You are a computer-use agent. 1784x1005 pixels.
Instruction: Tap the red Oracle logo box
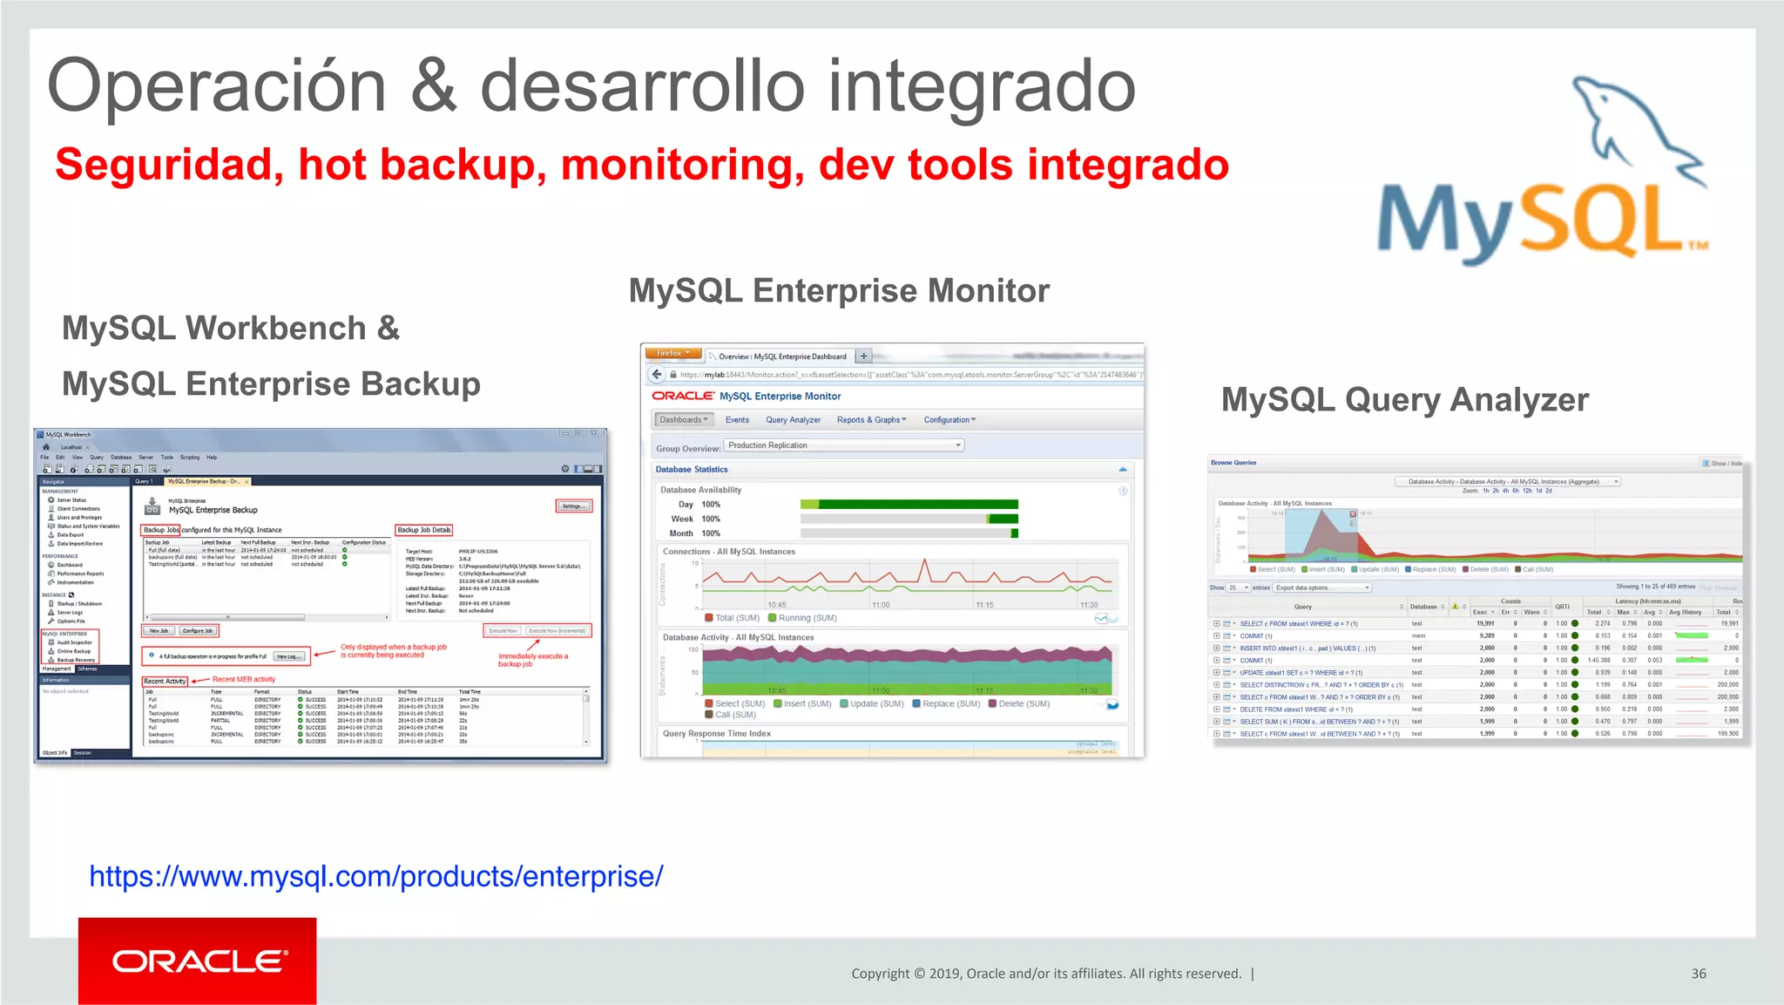(x=197, y=961)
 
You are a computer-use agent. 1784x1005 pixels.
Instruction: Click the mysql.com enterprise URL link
(x=376, y=876)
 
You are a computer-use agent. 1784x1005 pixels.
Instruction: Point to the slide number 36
(x=1698, y=974)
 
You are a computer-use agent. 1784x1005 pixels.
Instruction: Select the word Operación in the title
(x=216, y=86)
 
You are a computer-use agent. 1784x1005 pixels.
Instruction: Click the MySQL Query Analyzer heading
(x=1404, y=399)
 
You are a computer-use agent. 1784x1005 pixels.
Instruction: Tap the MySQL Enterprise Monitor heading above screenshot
(x=839, y=290)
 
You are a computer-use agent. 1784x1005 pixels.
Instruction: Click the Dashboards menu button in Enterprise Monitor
(x=683, y=419)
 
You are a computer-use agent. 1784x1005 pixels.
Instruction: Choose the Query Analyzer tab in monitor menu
(x=793, y=419)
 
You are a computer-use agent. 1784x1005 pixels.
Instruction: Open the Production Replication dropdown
(x=844, y=445)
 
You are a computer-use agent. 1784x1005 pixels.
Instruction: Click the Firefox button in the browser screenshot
(x=672, y=354)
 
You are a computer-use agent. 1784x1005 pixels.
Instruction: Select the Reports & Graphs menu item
(x=870, y=419)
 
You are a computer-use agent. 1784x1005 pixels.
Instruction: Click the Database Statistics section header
(x=692, y=469)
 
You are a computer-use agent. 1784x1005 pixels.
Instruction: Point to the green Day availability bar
(x=916, y=504)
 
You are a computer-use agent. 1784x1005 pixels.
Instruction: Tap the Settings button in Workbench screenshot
(x=574, y=506)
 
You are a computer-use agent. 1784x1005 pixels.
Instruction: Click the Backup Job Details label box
(x=424, y=530)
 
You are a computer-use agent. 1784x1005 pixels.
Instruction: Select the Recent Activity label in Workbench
(x=165, y=681)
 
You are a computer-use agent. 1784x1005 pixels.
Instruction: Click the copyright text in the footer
(x=1045, y=974)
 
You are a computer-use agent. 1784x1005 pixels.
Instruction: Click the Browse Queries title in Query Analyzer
(x=1233, y=463)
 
